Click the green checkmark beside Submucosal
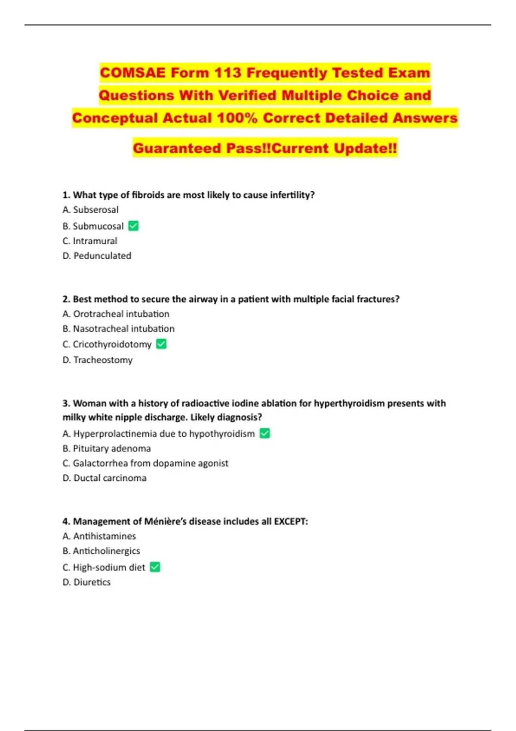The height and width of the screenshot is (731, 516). pos(133,226)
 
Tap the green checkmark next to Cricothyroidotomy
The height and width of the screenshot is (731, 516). pos(161,344)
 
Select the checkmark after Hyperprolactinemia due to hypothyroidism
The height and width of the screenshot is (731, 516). pos(265,433)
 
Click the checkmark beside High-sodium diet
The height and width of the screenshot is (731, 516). pos(155,567)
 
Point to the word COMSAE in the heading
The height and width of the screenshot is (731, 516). pos(133,73)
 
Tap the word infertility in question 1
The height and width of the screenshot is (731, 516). pos(292,195)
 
